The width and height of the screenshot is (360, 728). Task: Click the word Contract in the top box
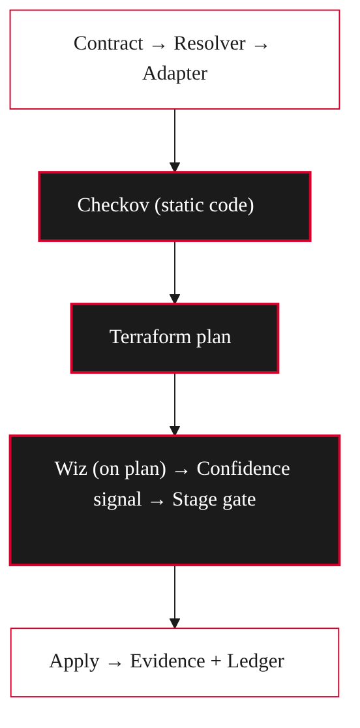[108, 44]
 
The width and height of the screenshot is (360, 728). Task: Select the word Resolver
[209, 44]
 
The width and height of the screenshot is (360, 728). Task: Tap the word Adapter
[175, 74]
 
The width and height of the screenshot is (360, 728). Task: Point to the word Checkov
[113, 205]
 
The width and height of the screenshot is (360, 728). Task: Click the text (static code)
[204, 205]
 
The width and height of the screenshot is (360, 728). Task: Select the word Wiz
[70, 468]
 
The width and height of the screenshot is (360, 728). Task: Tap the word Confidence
[243, 468]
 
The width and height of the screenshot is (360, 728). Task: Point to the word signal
[117, 500]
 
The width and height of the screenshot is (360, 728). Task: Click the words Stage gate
[214, 500]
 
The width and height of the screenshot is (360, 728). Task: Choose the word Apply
[74, 661]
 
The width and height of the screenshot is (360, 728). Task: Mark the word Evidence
[168, 661]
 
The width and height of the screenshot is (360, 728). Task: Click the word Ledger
[256, 661]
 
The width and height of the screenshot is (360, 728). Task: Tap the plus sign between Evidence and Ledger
[216, 662]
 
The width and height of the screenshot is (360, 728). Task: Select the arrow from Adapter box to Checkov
[175, 141]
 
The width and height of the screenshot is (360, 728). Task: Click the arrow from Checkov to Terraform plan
[175, 273]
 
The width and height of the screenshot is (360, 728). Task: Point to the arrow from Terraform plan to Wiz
[175, 405]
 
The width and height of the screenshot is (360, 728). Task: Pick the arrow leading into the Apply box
[175, 598]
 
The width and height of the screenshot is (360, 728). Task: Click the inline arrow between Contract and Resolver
[158, 46]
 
